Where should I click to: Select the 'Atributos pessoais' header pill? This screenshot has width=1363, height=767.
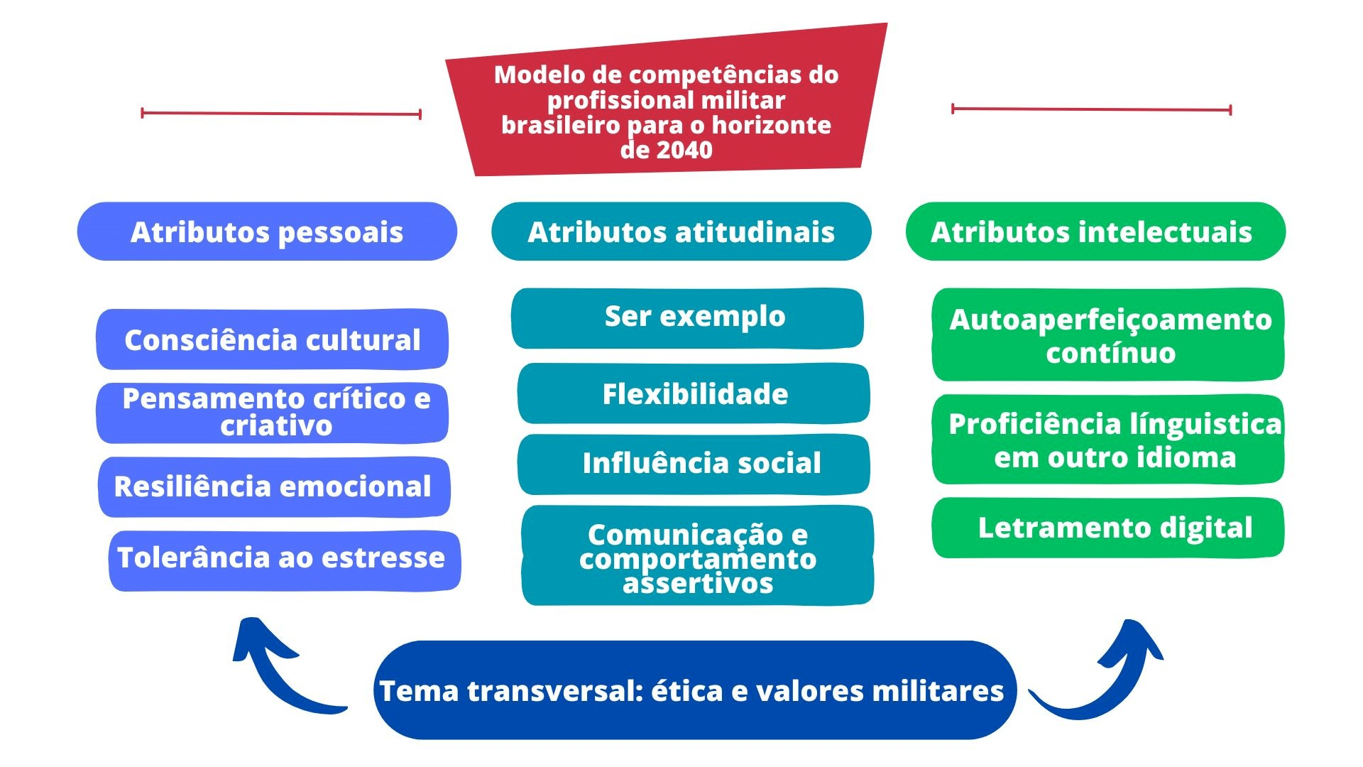click(267, 232)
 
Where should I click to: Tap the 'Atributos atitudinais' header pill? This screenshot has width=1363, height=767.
click(681, 232)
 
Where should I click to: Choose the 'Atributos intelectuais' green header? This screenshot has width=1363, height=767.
click(1095, 232)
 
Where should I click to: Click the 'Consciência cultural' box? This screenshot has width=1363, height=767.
click(272, 339)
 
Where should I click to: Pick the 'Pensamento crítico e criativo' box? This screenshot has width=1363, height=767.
click(272, 413)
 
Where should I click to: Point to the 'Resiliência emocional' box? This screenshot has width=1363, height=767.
click(274, 487)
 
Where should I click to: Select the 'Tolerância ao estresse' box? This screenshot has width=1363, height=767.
click(285, 560)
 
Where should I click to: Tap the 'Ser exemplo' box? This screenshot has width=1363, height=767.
click(687, 318)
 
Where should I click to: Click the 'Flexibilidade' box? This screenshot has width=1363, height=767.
click(694, 393)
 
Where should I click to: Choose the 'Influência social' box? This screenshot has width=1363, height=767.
click(694, 464)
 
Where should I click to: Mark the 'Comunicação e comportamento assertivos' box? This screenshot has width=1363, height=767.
click(697, 555)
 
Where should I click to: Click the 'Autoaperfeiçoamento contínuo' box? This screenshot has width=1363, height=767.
click(1108, 334)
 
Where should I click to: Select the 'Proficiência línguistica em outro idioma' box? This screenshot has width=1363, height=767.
click(1108, 440)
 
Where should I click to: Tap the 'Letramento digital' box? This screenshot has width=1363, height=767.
click(1108, 528)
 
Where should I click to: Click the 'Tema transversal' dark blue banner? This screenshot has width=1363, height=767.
click(695, 690)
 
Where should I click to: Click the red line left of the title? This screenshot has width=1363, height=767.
click(281, 113)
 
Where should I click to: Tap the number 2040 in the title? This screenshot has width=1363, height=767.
click(684, 150)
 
